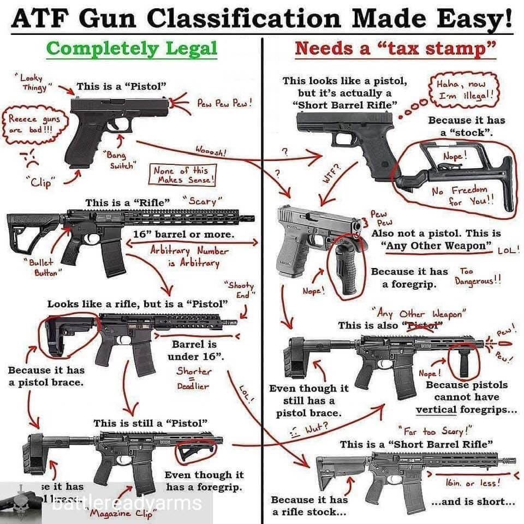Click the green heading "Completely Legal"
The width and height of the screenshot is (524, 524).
pyautogui.click(x=132, y=48)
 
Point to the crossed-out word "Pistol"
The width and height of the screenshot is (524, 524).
pyautogui.click(x=421, y=325)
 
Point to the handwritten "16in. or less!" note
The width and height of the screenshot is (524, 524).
pyautogui.click(x=475, y=483)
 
